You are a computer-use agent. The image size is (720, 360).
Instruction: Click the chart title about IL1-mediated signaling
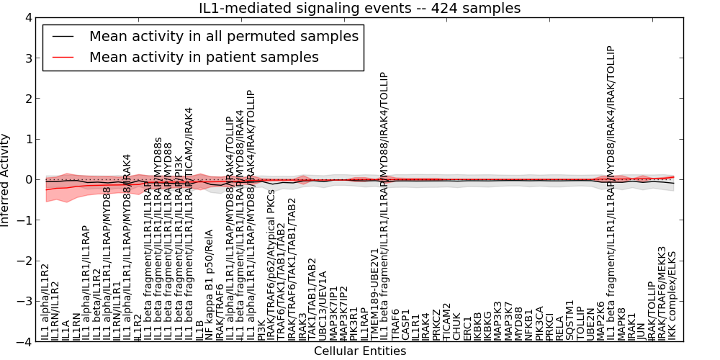click(360, 9)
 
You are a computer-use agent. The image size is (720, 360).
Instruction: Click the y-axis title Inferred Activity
click(6, 180)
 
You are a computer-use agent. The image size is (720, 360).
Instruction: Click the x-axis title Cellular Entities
click(360, 351)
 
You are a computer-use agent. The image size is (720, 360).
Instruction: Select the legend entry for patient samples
click(204, 57)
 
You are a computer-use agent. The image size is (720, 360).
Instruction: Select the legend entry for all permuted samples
click(223, 36)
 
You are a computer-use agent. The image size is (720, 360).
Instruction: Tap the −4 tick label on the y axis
click(23, 342)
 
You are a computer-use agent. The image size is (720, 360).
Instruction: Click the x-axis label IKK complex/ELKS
click(673, 296)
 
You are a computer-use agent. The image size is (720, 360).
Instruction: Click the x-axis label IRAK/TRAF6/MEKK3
click(662, 293)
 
